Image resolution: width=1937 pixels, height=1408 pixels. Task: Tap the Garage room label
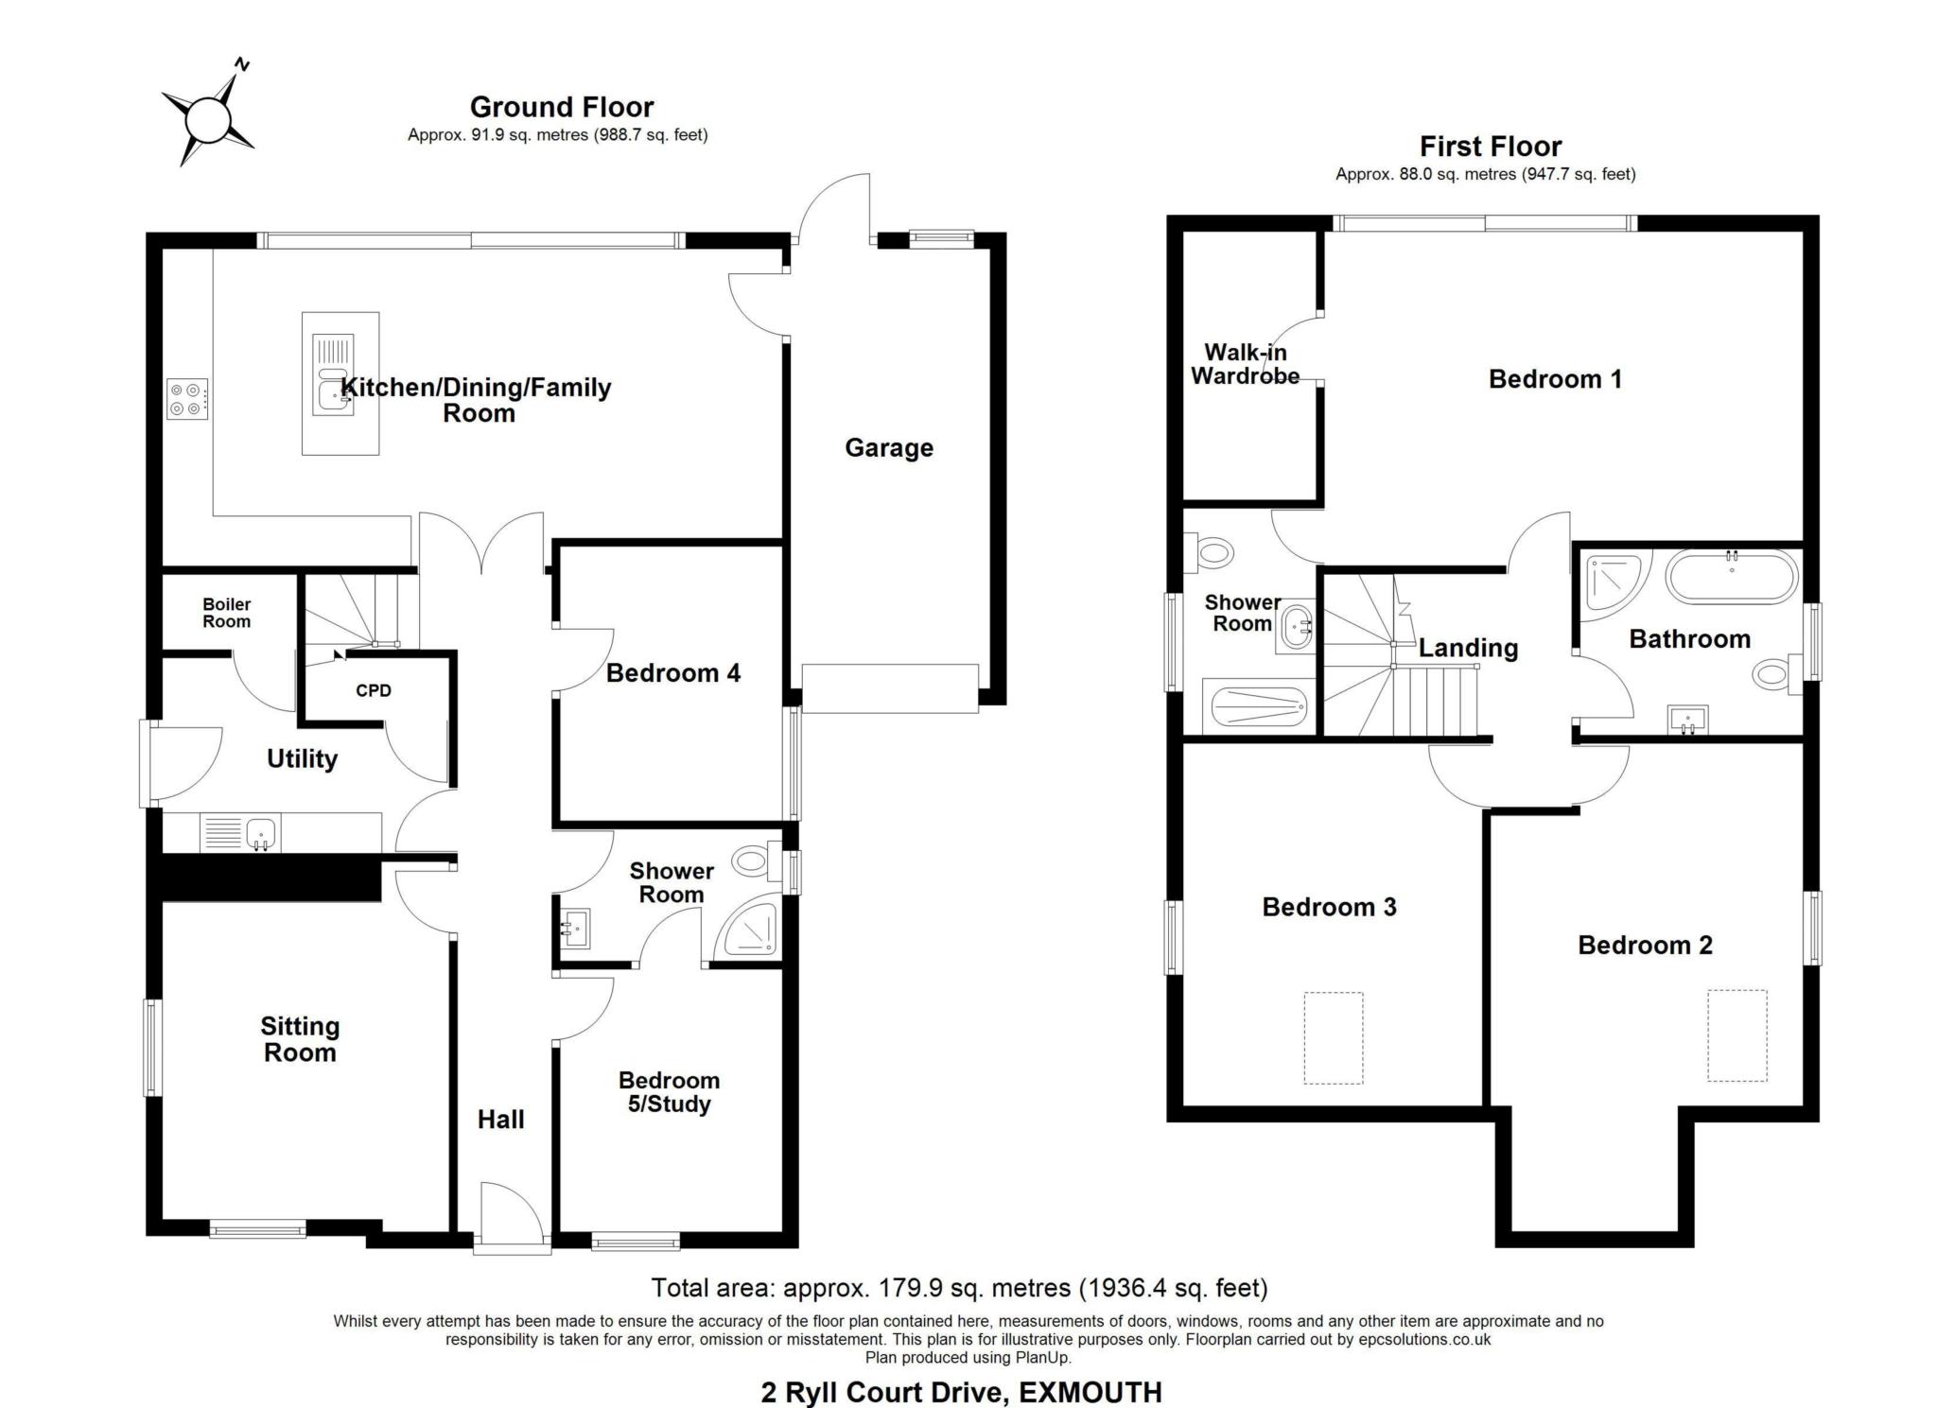tap(889, 447)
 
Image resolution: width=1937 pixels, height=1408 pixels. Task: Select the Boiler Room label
tap(227, 613)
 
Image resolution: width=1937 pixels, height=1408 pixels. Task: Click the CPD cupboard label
tap(374, 690)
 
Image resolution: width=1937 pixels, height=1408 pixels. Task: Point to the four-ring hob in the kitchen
tap(185, 398)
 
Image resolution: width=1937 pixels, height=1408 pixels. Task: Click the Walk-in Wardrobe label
tap(1245, 364)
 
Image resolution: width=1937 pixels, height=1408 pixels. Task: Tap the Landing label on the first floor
tap(1468, 648)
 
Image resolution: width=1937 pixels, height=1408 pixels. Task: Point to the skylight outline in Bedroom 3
tap(1334, 1037)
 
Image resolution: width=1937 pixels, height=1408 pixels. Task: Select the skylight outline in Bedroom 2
tap(1737, 1035)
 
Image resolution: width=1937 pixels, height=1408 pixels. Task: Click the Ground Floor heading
tap(562, 107)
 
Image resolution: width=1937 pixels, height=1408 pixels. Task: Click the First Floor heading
tap(1491, 147)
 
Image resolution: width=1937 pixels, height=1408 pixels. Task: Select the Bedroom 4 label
tap(673, 673)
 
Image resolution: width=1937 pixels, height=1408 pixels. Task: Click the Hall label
tap(500, 1120)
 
